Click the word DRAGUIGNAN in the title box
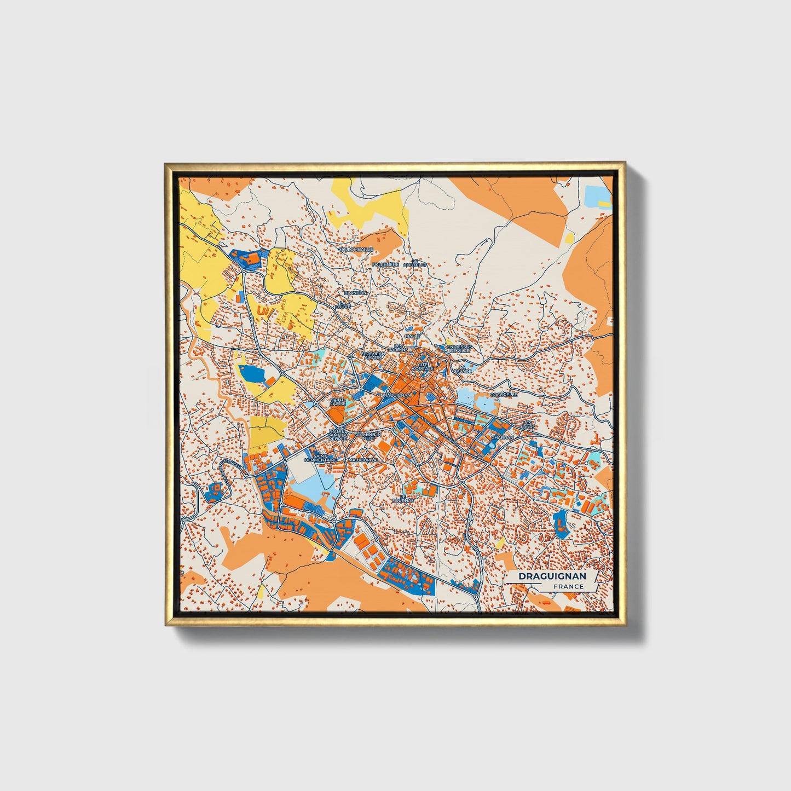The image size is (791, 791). coord(552,576)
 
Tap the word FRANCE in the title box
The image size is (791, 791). coord(568,587)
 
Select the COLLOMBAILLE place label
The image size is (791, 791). coord(356,249)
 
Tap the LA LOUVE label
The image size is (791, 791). coord(343,304)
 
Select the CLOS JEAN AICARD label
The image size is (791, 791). coord(373,355)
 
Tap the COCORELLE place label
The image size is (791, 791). coord(504,394)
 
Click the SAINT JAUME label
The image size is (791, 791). coord(338,402)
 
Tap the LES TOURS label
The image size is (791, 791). coord(528,424)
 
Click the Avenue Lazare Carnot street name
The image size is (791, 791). coord(435,430)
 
